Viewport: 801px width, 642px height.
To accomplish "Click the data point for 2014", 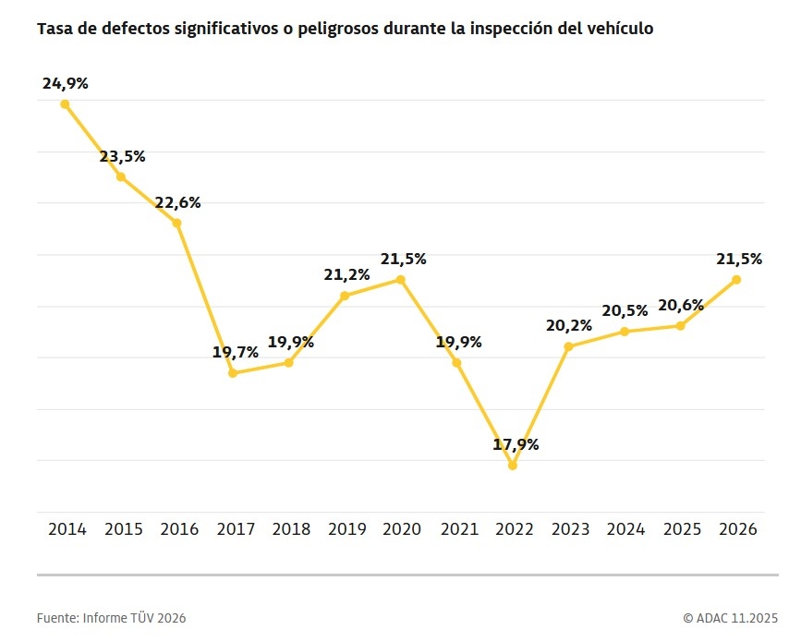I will pos(65,104).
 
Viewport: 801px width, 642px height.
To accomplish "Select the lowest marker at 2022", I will pos(513,466).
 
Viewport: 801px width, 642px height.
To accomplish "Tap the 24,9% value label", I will pos(65,83).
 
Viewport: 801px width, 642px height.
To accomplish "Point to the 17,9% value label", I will pos(516,444).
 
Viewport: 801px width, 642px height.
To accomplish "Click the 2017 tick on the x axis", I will pos(236,529).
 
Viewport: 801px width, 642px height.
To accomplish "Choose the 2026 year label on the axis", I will pos(736,529).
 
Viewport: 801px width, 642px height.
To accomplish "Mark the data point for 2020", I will pos(401,279).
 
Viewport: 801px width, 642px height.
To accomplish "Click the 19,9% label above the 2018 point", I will pos(291,342).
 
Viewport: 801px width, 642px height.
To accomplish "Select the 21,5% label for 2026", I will pos(739,259).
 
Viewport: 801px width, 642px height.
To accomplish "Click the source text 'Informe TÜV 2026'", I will pos(134,618).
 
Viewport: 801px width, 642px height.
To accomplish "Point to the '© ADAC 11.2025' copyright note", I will pos(730,618).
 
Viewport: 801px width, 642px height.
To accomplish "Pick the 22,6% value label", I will pos(177,202).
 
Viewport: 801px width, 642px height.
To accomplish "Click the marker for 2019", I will pos(345,296).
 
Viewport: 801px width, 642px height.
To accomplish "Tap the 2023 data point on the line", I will pos(569,346).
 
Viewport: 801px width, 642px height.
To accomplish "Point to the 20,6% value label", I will pos(681,305).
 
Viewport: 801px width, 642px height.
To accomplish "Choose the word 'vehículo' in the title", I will pos(624,29).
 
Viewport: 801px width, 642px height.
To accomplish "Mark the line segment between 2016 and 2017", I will pos(205,298).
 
